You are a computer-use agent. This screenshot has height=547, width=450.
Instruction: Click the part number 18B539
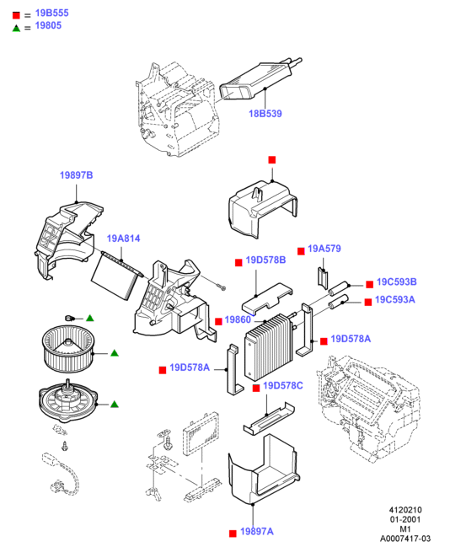(x=265, y=114)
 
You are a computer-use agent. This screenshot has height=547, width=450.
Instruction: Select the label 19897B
(x=77, y=175)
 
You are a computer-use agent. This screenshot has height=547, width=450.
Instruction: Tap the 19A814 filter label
(x=124, y=239)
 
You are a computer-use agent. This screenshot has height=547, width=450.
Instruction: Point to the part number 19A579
(x=324, y=249)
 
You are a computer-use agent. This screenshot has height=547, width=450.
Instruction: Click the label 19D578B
(x=265, y=260)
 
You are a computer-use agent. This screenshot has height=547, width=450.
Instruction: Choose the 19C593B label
(x=397, y=282)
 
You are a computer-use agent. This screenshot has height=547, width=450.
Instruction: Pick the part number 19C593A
(x=395, y=300)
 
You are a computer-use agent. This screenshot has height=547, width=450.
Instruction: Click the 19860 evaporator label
(x=238, y=319)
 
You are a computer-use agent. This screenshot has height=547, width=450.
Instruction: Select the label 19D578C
(x=283, y=385)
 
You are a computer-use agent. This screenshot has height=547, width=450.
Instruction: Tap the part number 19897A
(x=257, y=531)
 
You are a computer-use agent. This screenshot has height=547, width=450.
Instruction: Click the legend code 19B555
(x=52, y=13)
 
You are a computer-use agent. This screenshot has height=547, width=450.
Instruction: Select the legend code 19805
(x=48, y=25)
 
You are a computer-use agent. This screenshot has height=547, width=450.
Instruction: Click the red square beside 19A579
(x=301, y=251)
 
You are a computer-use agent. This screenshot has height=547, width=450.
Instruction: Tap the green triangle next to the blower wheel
(x=115, y=353)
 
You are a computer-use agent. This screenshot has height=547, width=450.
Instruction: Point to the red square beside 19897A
(x=233, y=534)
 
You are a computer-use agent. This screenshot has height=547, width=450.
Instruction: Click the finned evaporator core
(x=269, y=347)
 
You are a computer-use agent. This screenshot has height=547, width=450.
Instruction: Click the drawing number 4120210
(x=405, y=510)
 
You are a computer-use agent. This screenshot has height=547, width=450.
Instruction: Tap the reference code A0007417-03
(x=405, y=539)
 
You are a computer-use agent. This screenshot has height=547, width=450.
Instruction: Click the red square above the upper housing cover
(x=272, y=160)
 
